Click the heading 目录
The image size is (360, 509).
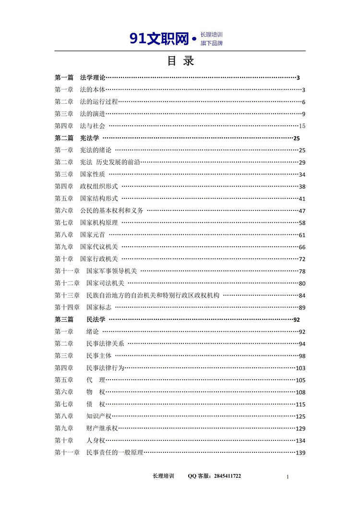point(180,61)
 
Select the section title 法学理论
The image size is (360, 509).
point(92,77)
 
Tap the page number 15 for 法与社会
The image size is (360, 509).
point(302,126)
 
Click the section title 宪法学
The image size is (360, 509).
point(89,138)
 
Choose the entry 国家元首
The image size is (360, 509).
point(93,235)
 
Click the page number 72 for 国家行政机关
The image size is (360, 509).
point(302,259)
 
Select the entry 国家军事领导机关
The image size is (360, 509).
point(111,271)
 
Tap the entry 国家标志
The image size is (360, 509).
point(99,307)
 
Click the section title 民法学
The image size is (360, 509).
point(96,319)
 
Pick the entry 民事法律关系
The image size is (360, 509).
point(105,344)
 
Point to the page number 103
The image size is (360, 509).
point(300,368)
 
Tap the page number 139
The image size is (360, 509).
point(300,453)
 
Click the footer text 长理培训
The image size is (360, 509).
point(163,476)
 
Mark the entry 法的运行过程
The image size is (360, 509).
point(99,101)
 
